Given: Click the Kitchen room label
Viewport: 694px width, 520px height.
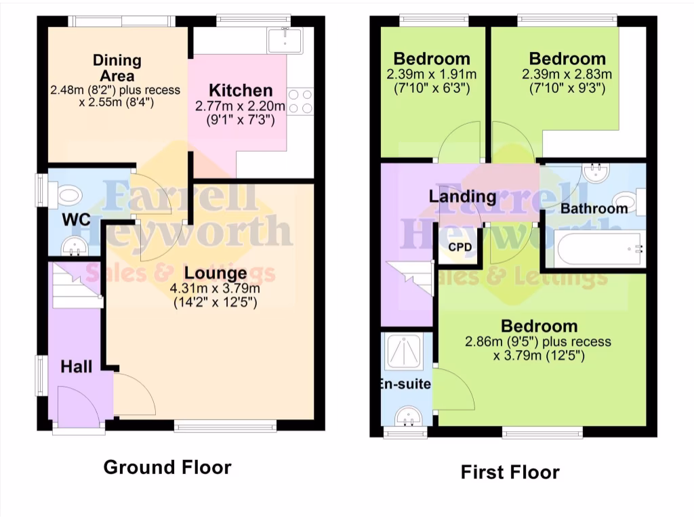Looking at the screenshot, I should click(x=241, y=90).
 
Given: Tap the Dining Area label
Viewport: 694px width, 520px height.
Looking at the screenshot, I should click(x=117, y=68).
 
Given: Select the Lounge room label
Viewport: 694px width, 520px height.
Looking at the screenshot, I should click(x=216, y=274).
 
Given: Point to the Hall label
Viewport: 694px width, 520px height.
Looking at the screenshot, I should click(x=77, y=367).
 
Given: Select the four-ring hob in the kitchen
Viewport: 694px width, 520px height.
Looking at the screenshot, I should click(x=300, y=101).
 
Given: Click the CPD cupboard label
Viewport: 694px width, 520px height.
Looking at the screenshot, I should click(x=459, y=246).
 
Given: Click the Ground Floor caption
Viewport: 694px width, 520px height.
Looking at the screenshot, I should click(x=167, y=467).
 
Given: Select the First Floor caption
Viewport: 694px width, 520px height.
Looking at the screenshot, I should click(x=510, y=472).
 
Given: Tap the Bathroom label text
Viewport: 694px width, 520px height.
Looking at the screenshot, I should click(x=594, y=209).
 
